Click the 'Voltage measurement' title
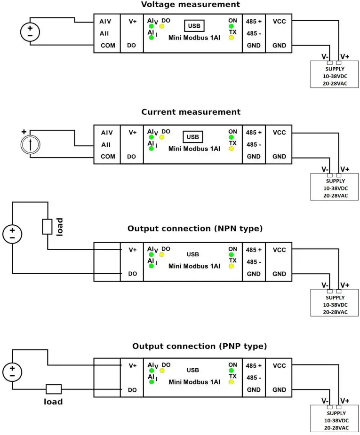click(x=191, y=5)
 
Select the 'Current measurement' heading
click(x=191, y=112)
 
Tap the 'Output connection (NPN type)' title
click(x=195, y=229)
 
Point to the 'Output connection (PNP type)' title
click(x=199, y=346)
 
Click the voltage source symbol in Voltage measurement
click(x=30, y=32)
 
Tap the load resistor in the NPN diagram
click(x=48, y=226)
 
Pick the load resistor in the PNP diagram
click(x=53, y=389)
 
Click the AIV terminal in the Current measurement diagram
click(x=107, y=133)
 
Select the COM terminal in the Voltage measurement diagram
click(x=108, y=46)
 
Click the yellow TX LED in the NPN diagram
click(x=231, y=266)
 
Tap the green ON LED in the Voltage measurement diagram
click(x=231, y=26)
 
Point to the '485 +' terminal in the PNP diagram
click(x=254, y=366)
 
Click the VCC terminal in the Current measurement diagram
click(x=279, y=133)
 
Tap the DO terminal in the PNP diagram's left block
click(x=132, y=390)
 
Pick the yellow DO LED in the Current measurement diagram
click(x=162, y=137)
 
